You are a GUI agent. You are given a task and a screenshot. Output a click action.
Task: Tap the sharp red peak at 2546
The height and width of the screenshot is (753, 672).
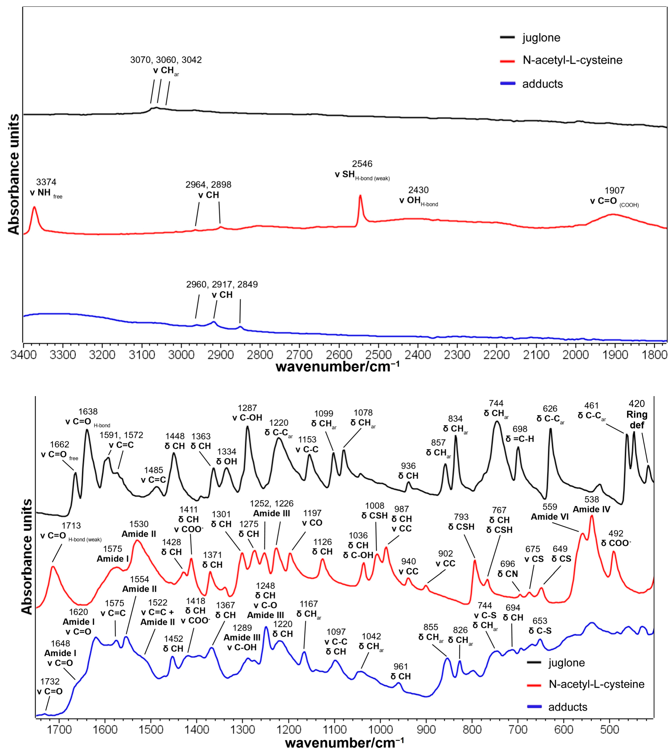pos(360,196)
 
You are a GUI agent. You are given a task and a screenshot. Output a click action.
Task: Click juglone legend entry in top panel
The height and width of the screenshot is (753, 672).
pos(541,38)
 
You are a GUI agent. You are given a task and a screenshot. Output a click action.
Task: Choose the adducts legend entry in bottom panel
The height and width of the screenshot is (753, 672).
pos(567,707)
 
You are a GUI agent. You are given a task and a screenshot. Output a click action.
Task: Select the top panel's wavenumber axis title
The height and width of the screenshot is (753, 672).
pos(337,367)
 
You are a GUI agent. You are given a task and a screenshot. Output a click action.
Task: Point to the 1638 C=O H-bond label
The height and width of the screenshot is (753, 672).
pos(88,416)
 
